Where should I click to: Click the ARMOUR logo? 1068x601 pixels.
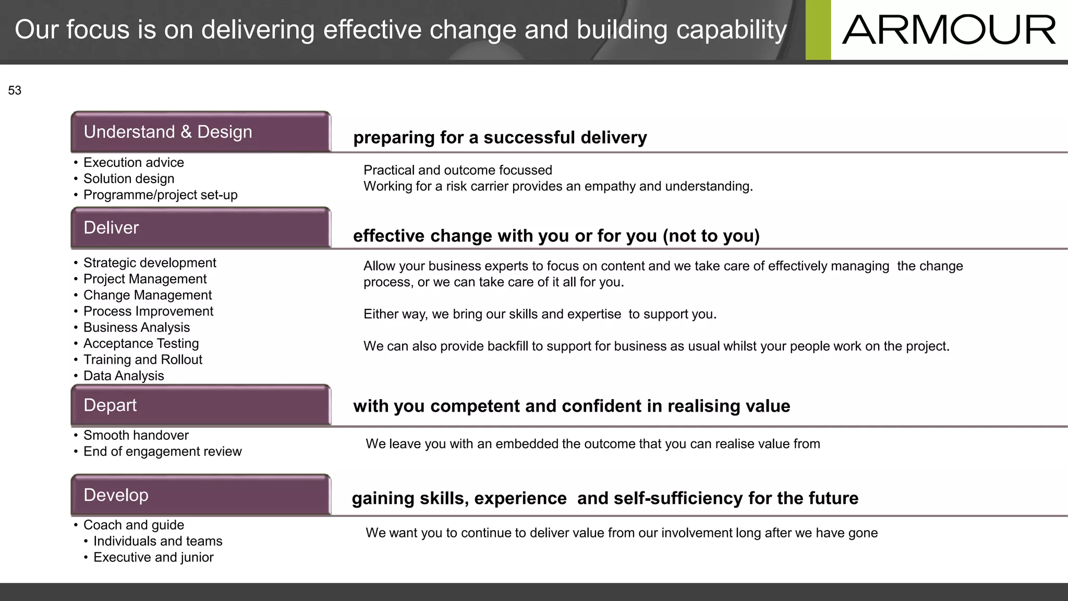pos(949,30)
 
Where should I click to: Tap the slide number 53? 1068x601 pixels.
pos(15,91)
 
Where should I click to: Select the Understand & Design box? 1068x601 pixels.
pos(201,132)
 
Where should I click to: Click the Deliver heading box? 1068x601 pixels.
pos(201,228)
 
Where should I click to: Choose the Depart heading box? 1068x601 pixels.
pos(201,405)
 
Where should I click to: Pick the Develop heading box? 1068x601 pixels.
pos(201,495)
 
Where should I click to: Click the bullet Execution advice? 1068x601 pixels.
pos(133,163)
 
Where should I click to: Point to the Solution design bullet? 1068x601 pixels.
pos(129,179)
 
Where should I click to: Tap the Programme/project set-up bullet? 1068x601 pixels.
pos(160,195)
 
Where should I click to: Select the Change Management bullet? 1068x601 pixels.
pos(148,295)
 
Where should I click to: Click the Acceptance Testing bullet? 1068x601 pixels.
pos(141,344)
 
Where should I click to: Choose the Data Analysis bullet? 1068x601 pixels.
pos(124,376)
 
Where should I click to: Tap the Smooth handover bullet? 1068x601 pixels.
pos(136,436)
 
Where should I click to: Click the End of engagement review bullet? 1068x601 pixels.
pos(162,452)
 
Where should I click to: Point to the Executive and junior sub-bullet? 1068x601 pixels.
pos(153,558)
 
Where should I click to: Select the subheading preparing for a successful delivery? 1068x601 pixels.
pos(500,138)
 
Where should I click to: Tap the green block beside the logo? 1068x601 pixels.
pos(818,30)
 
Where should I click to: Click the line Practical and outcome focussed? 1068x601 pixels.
pos(457,171)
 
